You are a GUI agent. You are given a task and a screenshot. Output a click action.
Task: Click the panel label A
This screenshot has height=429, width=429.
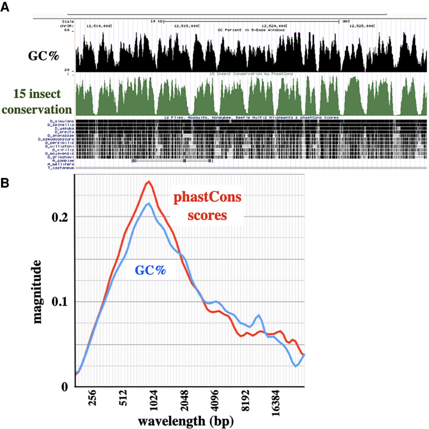pyautogui.click(x=5, y=7)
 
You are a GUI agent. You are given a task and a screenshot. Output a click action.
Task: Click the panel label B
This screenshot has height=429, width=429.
pyautogui.click(x=5, y=183)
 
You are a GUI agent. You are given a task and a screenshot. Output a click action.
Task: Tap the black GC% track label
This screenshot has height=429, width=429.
pyautogui.click(x=44, y=56)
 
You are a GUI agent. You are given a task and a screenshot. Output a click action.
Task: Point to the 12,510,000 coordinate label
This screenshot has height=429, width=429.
pyautogui.click(x=98, y=25)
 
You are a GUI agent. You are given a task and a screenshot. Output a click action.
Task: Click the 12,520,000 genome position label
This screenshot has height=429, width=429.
pyautogui.click(x=274, y=25)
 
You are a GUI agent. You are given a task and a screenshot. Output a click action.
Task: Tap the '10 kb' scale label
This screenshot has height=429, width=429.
pyautogui.click(x=157, y=21)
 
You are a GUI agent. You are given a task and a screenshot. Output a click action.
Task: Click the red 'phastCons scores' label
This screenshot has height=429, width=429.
pyautogui.click(x=207, y=206)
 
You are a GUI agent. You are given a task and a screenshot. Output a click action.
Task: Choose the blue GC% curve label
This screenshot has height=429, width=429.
pyautogui.click(x=150, y=270)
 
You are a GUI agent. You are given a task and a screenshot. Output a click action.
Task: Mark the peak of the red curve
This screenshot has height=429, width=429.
pyautogui.click(x=148, y=181)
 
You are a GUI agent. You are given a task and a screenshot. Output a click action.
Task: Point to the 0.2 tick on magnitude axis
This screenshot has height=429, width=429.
pyautogui.click(x=61, y=217)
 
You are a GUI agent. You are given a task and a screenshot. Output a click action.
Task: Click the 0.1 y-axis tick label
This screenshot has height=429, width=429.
pyautogui.click(x=61, y=302)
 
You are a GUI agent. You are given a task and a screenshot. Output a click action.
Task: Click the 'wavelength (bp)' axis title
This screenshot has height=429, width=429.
pyautogui.click(x=186, y=421)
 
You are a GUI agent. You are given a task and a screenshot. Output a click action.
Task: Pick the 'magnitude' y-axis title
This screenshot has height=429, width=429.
pyautogui.click(x=37, y=291)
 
